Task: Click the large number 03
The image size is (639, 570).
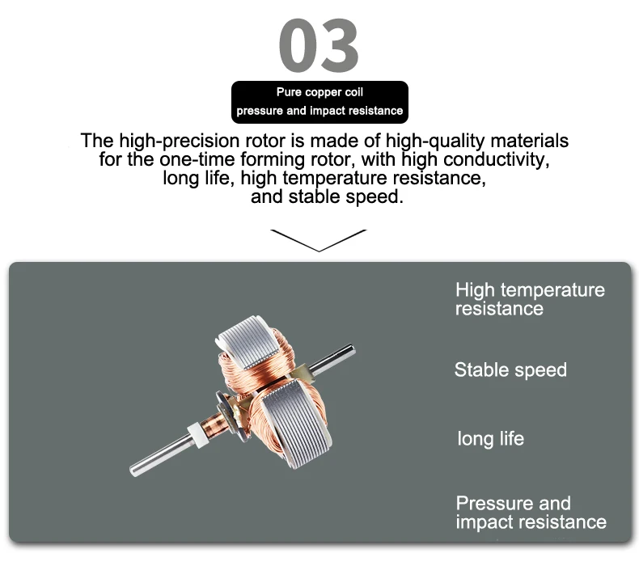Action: click(319, 45)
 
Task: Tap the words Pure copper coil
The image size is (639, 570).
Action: click(319, 92)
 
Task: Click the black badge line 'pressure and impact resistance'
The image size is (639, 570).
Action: click(319, 111)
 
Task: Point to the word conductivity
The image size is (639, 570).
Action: click(496, 159)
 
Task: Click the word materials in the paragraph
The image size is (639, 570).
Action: click(529, 141)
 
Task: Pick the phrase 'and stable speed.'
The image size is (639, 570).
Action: click(327, 196)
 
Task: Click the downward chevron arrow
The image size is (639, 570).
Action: click(319, 240)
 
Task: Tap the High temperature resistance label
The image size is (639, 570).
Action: click(530, 299)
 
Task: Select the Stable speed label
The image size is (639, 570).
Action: click(510, 370)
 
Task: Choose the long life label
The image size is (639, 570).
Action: click(491, 439)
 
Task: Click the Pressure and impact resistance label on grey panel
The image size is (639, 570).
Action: click(531, 513)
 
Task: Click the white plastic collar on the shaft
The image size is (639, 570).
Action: click(197, 434)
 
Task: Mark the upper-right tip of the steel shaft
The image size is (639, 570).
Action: click(353, 348)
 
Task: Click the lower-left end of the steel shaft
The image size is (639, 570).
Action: click(133, 471)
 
